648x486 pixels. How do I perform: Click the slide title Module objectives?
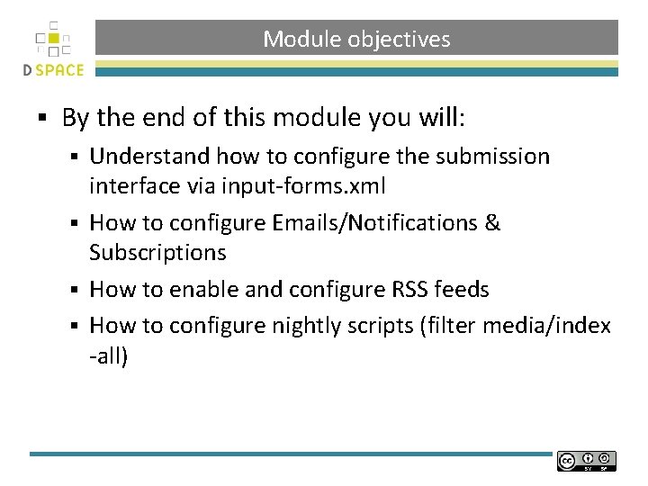click(356, 40)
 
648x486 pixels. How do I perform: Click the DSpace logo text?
click(54, 69)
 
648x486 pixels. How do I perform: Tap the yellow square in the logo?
click(54, 39)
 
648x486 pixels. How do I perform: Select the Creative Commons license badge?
click(586, 461)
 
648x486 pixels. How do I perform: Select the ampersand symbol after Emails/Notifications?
click(491, 222)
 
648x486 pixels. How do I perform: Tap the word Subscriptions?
click(157, 252)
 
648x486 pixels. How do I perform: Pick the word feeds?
click(461, 290)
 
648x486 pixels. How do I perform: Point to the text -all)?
click(109, 355)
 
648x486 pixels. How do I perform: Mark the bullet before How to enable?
click(78, 291)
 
